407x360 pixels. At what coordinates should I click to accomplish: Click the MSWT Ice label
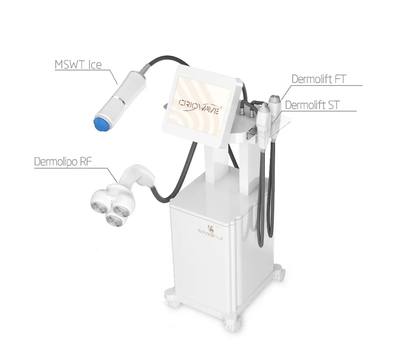pos(78,65)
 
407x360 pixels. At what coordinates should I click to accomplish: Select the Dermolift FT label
pos(318,79)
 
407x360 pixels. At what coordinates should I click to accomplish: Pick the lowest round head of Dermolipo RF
pos(114,220)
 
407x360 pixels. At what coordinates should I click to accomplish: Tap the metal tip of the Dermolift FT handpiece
pos(275,98)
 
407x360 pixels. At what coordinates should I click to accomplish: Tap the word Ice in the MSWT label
pos(94,65)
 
